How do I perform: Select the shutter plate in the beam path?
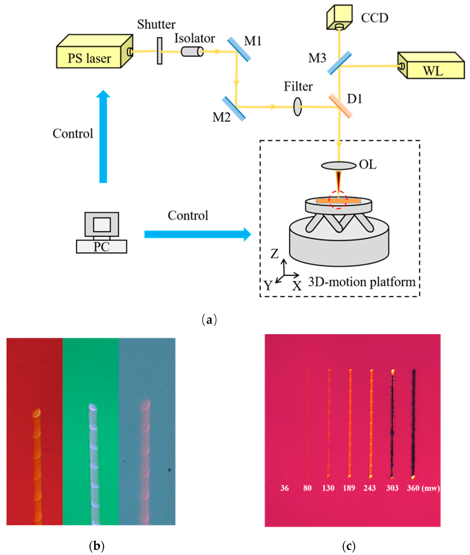159,51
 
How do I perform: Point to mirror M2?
233,109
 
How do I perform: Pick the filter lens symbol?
297,106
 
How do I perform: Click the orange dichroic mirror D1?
341,106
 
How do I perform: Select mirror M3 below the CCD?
339,63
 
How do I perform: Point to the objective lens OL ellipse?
338,166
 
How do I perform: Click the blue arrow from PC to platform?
197,234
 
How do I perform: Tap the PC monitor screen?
102,224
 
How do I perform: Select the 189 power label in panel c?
349,488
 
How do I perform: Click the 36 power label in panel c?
284,488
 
